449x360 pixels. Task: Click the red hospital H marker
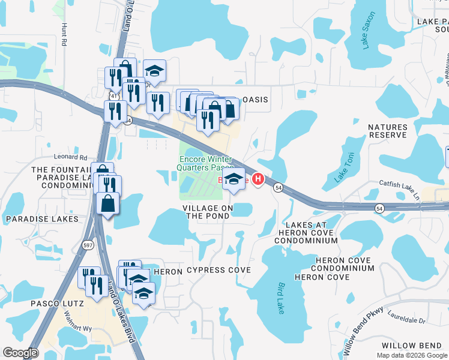[259, 179]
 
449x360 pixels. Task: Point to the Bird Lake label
[280, 298]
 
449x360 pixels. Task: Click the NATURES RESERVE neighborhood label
[387, 131]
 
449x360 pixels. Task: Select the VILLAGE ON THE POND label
[208, 212]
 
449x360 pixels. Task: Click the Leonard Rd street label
[71, 158]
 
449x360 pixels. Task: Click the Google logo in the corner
[20, 353]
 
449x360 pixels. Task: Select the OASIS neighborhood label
[254, 100]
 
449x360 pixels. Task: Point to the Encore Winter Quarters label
[202, 163]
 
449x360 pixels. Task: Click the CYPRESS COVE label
[218, 270]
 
